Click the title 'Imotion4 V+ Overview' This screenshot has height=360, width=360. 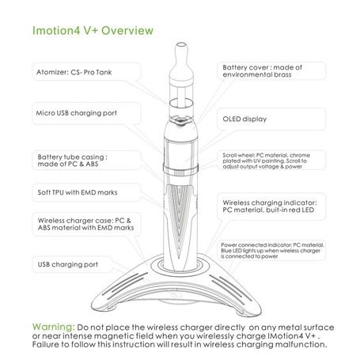[x=93, y=30]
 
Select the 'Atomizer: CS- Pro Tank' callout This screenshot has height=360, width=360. [x=74, y=72]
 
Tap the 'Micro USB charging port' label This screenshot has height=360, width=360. [x=77, y=113]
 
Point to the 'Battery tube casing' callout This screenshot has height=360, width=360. [x=72, y=161]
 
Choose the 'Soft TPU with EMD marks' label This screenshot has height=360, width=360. [x=78, y=192]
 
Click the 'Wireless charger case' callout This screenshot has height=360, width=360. [x=85, y=224]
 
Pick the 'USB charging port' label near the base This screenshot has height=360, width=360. [x=68, y=264]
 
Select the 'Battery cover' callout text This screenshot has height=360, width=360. [x=262, y=70]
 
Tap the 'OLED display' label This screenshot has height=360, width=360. [x=244, y=119]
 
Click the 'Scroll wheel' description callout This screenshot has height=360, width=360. [x=267, y=161]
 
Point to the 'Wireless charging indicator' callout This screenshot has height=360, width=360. [x=270, y=207]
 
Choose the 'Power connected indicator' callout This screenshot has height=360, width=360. [x=272, y=251]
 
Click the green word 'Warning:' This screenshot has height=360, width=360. [x=54, y=327]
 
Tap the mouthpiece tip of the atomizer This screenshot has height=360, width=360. [x=181, y=45]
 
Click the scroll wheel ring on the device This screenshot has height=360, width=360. [x=180, y=169]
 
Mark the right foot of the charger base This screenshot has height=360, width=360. [x=243, y=312]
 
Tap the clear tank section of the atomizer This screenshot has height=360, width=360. [x=181, y=97]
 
